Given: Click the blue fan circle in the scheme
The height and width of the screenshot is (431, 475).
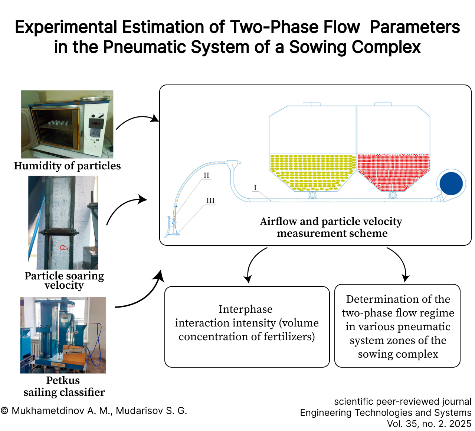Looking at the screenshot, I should (x=451, y=183).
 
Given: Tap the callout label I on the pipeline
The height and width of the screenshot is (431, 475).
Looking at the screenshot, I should (x=255, y=188).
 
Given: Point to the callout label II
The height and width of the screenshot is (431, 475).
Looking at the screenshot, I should (x=206, y=175).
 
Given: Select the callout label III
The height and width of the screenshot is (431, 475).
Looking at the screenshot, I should (x=210, y=200).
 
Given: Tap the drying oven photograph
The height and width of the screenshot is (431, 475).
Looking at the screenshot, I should (x=67, y=124).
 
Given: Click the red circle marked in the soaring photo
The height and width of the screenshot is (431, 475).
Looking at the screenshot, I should (x=63, y=247).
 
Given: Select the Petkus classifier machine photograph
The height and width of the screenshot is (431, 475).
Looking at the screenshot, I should (x=63, y=335).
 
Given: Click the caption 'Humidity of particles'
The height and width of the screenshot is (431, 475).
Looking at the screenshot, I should (x=67, y=166).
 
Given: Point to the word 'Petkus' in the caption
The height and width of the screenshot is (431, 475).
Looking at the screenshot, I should (x=63, y=380).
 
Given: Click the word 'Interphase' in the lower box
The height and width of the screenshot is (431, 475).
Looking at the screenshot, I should (x=245, y=309).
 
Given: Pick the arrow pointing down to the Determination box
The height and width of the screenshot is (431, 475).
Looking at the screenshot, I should (x=401, y=262).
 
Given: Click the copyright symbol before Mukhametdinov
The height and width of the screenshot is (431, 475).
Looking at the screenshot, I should (x=4, y=411).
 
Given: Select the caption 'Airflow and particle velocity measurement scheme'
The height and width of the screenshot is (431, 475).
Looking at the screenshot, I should (x=331, y=227).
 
